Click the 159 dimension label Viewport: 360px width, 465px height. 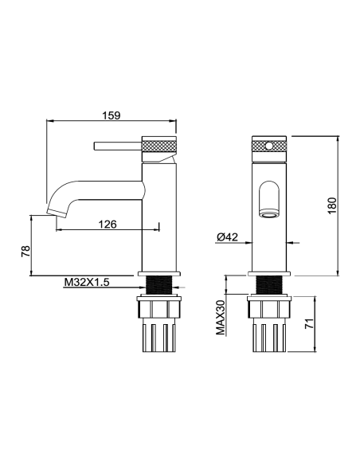tap(112, 115)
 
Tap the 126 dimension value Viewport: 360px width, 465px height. tap(108, 225)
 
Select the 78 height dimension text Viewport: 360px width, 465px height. tap(25, 251)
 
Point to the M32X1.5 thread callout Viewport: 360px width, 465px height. tap(87, 282)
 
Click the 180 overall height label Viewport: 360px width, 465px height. tap(332, 205)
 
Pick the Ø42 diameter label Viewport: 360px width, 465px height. tap(228, 237)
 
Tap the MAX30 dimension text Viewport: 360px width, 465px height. tap(221, 317)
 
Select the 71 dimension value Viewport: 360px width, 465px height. tap(309, 323)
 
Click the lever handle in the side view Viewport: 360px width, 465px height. tap(118, 147)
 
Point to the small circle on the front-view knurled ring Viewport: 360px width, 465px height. tap(268, 147)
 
